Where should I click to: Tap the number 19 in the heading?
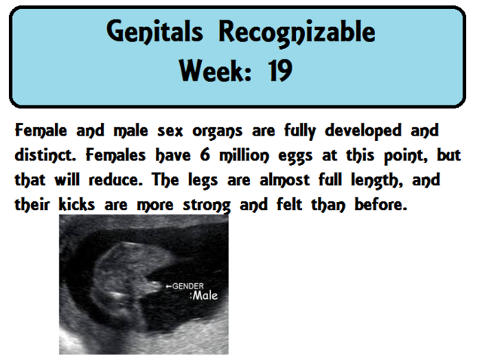pos(279,72)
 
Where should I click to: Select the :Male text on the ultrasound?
pos(203,296)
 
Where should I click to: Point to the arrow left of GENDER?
pos(168,286)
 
